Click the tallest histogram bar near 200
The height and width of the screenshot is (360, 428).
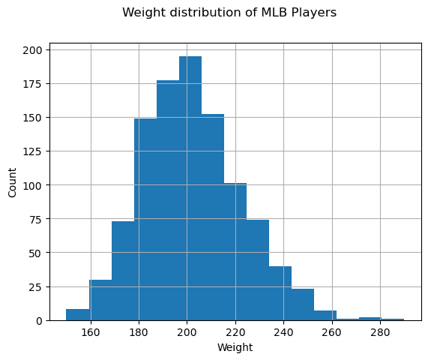click(190, 187)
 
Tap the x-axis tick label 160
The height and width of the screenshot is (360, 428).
click(91, 332)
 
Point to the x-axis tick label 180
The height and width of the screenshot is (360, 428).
click(139, 332)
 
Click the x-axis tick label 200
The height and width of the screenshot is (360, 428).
click(187, 332)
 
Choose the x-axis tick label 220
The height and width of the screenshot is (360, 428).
click(235, 332)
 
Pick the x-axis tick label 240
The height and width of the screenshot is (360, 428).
click(284, 332)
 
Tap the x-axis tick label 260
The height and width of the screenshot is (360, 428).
click(332, 332)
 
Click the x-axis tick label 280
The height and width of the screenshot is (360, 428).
click(381, 332)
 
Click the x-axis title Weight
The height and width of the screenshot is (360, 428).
click(235, 347)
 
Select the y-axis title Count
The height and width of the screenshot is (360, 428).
click(13, 184)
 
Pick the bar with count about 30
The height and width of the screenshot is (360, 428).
click(100, 300)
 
